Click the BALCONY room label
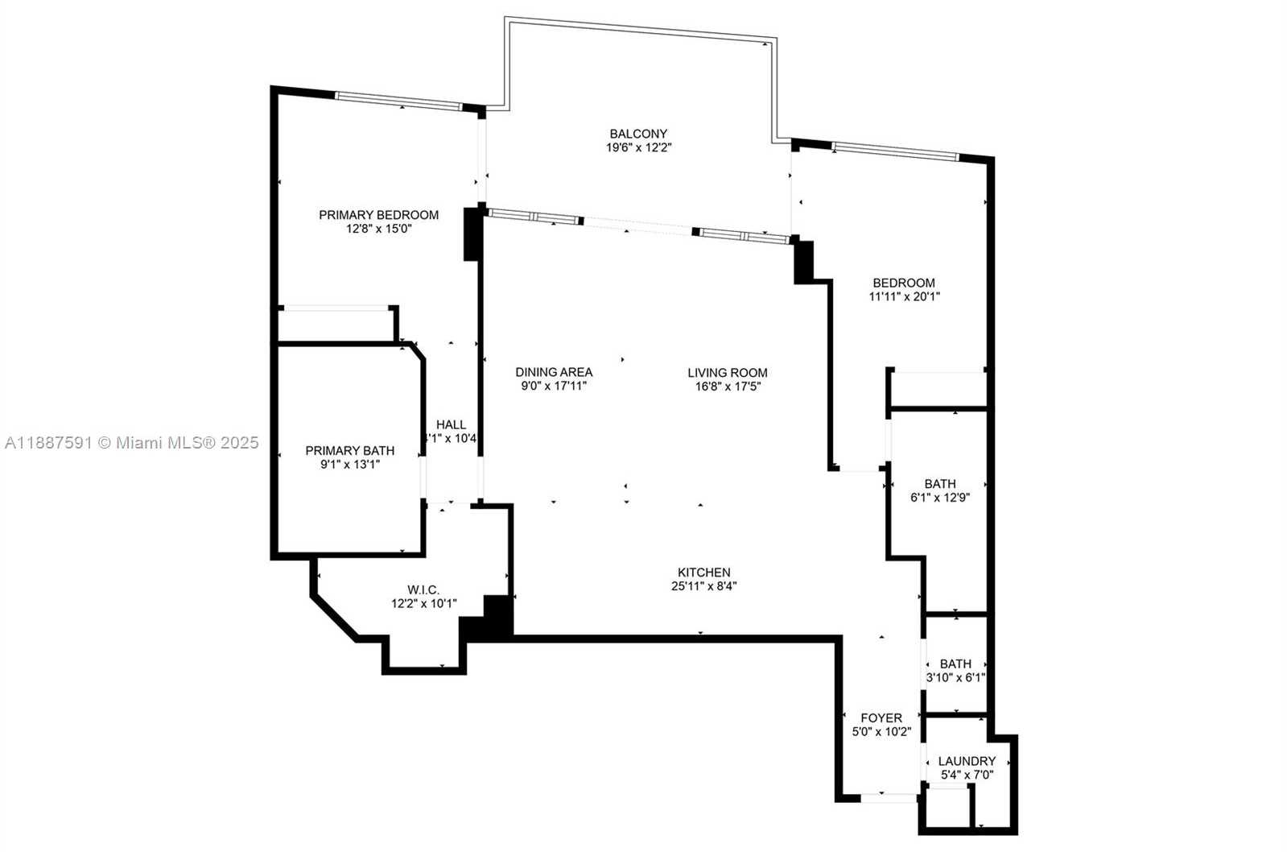[x=638, y=134]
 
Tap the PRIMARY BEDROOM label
[x=378, y=215]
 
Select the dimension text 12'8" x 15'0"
[x=378, y=229]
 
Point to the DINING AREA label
[x=554, y=373]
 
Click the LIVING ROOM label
[x=728, y=373]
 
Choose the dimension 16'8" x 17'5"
[x=728, y=387]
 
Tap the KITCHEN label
[x=703, y=573]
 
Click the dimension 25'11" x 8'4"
[x=703, y=586]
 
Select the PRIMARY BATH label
[x=350, y=451]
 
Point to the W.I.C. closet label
[x=423, y=589]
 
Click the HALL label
[x=451, y=425]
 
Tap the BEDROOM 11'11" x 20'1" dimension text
[x=905, y=297]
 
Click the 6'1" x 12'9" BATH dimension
[x=940, y=498]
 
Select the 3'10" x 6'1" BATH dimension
[x=955, y=678]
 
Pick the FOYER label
[x=881, y=718]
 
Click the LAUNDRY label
[x=967, y=761]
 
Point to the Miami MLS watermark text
[x=131, y=443]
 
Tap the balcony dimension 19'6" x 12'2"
[x=639, y=147]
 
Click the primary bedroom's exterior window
[x=398, y=101]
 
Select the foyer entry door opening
[x=889, y=798]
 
